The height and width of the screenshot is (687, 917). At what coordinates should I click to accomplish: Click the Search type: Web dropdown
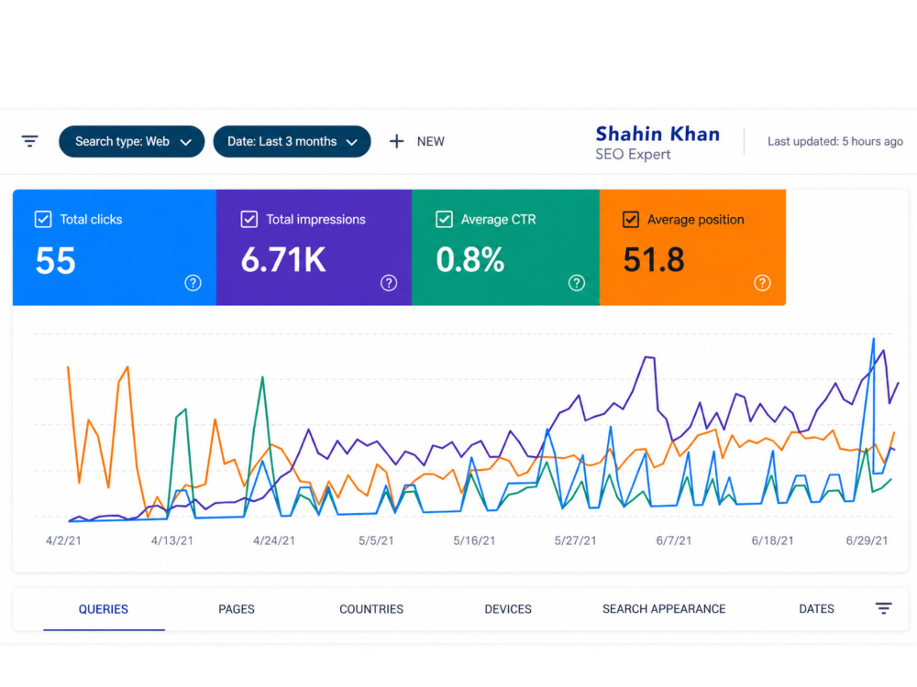[x=131, y=141]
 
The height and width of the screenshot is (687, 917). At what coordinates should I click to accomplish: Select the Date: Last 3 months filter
[x=292, y=141]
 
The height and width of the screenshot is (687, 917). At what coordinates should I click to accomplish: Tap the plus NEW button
[x=417, y=141]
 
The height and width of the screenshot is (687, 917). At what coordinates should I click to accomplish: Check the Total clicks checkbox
[x=43, y=219]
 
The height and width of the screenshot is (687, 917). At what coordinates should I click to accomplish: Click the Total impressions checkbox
[x=249, y=219]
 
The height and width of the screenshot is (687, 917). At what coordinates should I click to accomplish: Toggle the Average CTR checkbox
[x=444, y=219]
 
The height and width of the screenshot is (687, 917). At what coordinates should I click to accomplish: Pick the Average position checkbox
[x=631, y=219]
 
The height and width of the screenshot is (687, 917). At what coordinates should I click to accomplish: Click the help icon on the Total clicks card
[x=193, y=283]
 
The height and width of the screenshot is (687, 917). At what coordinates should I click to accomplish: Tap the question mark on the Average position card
[x=762, y=283]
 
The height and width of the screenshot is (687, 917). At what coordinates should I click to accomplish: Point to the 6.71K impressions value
[x=283, y=260]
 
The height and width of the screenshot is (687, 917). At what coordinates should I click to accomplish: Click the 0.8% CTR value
[x=470, y=260]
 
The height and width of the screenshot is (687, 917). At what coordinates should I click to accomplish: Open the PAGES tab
[x=237, y=609]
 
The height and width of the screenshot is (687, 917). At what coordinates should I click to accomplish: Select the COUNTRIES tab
[x=371, y=609]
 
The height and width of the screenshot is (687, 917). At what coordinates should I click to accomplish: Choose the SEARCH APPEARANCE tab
[x=664, y=609]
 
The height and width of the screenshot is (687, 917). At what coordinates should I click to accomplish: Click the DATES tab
[x=816, y=609]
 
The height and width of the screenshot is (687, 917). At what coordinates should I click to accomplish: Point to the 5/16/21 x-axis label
[x=474, y=541]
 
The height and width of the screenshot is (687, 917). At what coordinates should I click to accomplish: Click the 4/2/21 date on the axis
[x=64, y=541]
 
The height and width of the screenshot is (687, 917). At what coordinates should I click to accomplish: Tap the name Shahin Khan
[x=657, y=134]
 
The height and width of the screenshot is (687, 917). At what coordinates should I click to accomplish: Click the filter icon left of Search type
[x=30, y=141]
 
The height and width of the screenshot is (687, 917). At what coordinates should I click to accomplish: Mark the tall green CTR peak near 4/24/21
[x=262, y=377]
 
